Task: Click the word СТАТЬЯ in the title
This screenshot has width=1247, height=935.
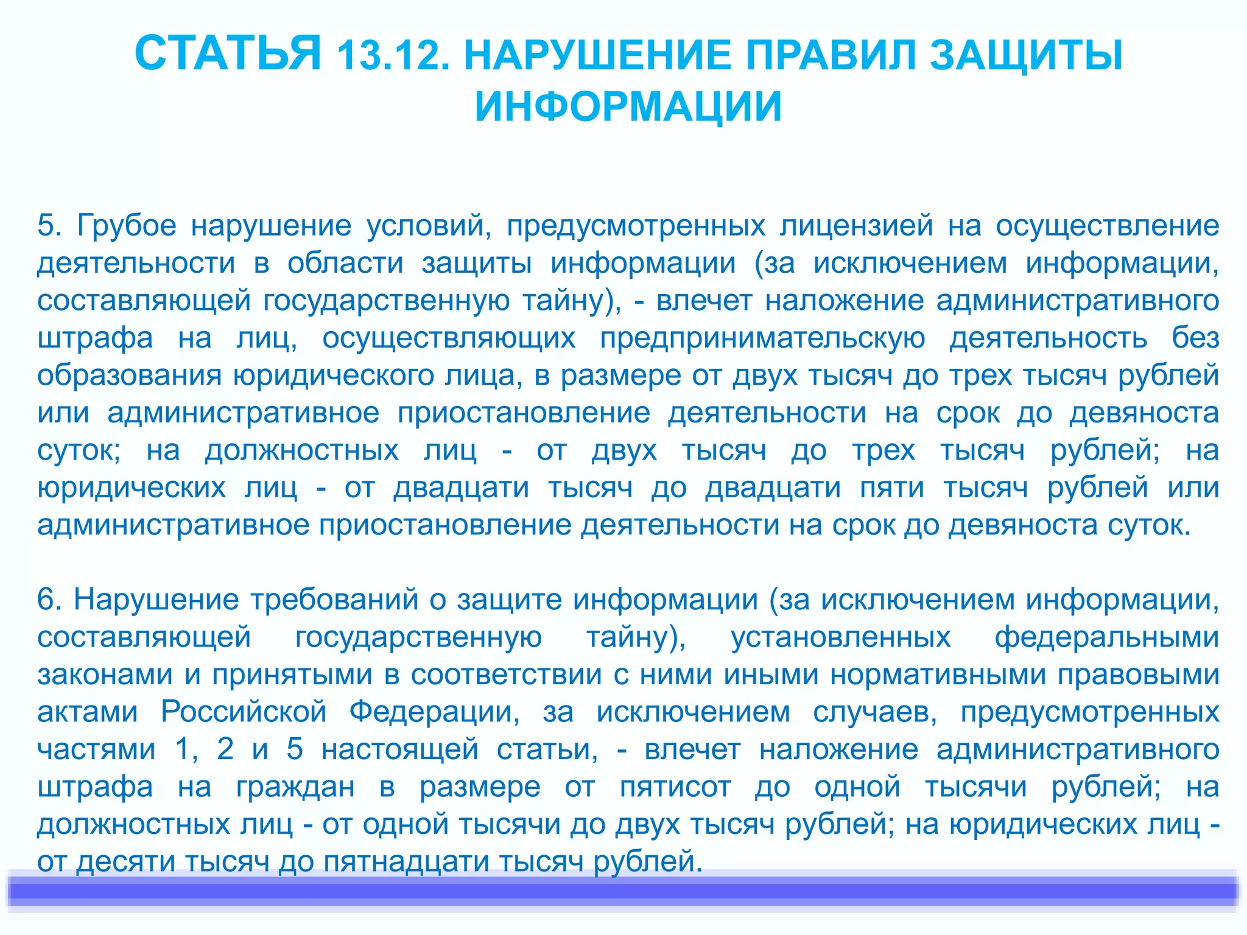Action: point(227,54)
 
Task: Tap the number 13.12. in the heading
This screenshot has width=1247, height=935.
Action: point(393,56)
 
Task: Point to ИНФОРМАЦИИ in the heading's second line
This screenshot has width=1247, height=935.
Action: point(628,107)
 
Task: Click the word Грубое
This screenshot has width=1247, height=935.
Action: point(127,226)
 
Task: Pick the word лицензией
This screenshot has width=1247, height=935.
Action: point(857,226)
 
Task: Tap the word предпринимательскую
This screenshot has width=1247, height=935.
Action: point(762,338)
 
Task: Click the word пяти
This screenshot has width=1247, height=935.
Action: point(893,488)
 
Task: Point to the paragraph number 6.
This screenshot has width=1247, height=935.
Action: point(49,600)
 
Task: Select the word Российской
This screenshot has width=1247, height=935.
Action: point(244,712)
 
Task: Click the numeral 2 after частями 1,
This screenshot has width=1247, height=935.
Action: point(225,749)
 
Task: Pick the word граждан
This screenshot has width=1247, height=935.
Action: point(295,788)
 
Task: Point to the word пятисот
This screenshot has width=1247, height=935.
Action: point(675,788)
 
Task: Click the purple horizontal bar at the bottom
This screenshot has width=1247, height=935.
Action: point(623,891)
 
